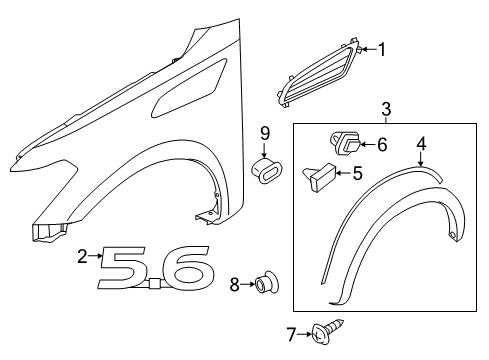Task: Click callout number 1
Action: tap(380, 47)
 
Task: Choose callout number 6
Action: tap(381, 144)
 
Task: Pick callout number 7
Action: tap(291, 334)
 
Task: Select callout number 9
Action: tap(266, 133)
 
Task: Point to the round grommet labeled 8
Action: tap(265, 285)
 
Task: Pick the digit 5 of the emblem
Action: tap(133, 270)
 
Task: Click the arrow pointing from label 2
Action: tap(98, 258)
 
